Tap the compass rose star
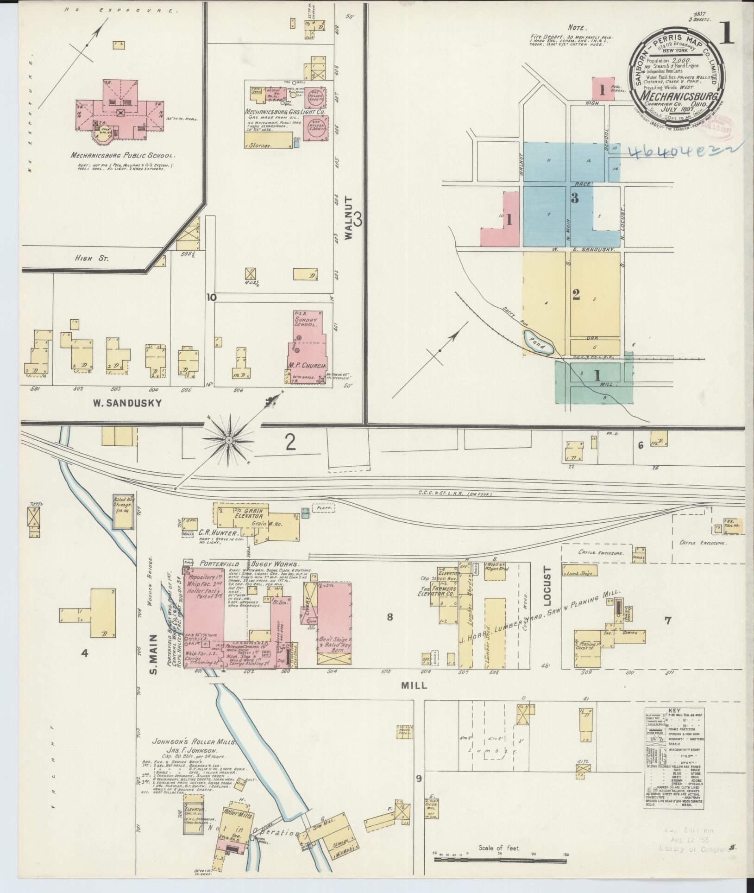[x=228, y=439]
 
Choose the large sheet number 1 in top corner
[x=726, y=33]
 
